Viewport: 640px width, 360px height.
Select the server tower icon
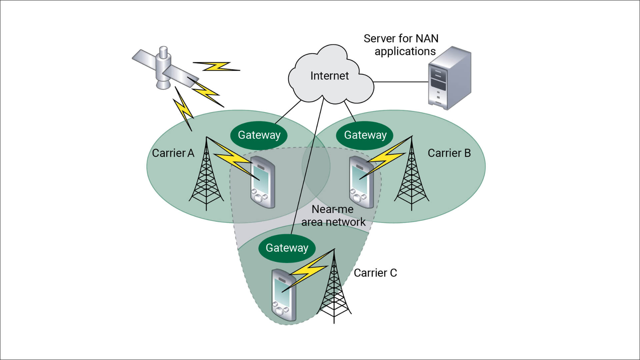tap(449, 78)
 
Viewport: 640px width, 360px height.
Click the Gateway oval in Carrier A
tap(259, 135)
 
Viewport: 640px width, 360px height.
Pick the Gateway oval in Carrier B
tap(365, 135)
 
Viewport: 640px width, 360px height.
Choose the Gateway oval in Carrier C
tap(287, 248)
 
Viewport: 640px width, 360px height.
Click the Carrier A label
tap(173, 153)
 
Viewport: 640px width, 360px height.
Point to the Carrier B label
tap(449, 153)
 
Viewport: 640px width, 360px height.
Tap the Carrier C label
tap(375, 273)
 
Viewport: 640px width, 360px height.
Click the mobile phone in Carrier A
tap(263, 182)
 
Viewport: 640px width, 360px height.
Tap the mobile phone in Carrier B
tap(361, 182)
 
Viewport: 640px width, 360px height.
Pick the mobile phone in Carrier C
tap(284, 295)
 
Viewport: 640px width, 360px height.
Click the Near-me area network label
tap(333, 216)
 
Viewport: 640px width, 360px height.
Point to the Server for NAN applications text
tap(401, 45)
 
